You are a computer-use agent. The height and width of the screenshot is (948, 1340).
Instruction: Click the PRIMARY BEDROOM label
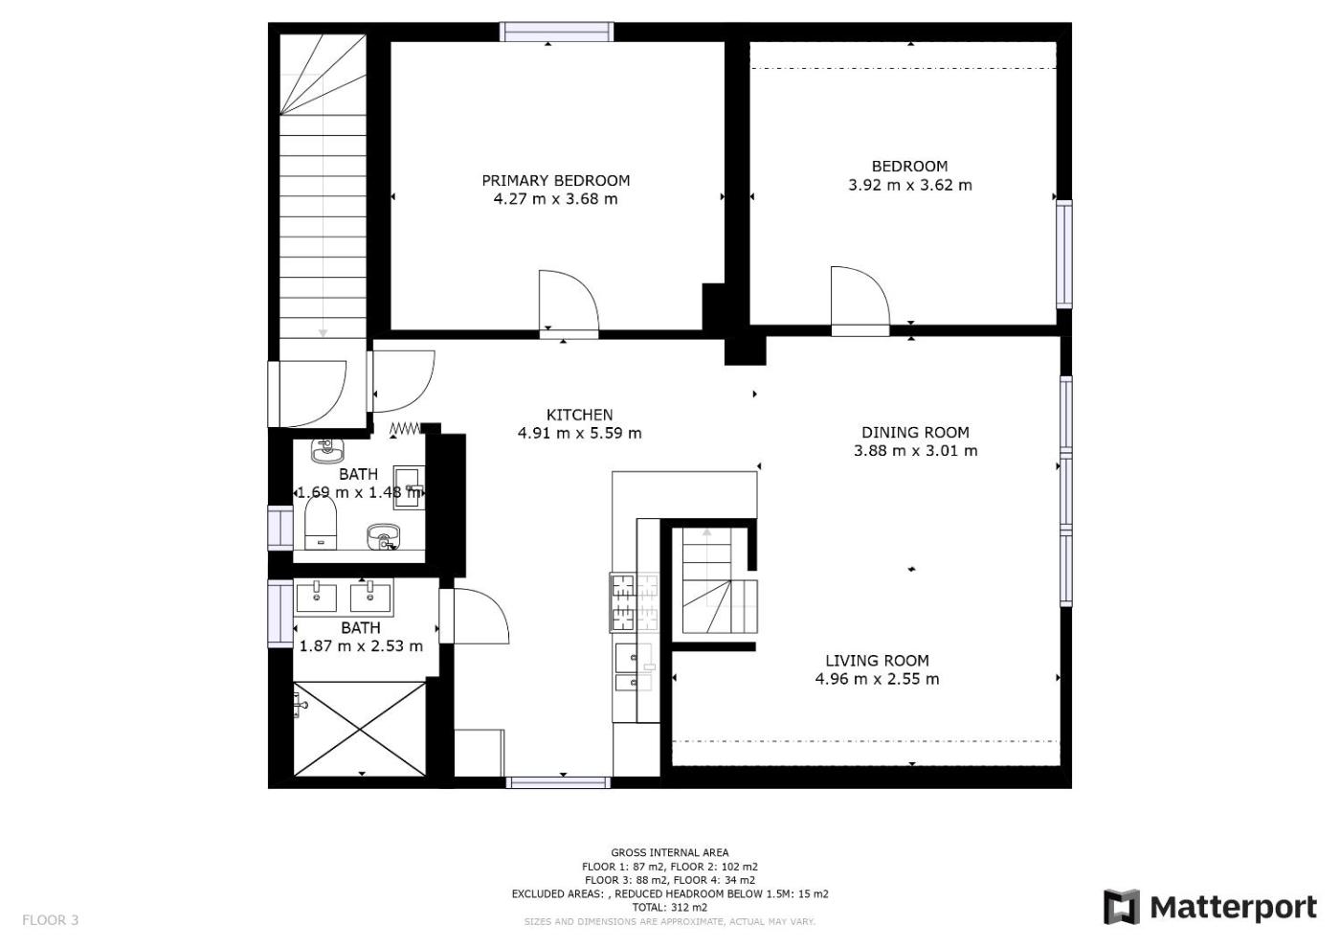click(556, 180)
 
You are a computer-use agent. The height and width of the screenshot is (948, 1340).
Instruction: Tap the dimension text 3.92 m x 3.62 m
click(910, 185)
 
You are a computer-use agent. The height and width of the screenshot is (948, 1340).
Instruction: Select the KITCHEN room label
click(579, 414)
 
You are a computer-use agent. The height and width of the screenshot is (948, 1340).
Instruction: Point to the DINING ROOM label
click(915, 432)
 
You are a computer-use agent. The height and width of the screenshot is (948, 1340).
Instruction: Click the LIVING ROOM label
click(877, 661)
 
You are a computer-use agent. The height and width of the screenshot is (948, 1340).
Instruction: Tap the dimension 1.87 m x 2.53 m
click(361, 646)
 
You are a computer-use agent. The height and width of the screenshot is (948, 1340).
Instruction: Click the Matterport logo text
click(1234, 908)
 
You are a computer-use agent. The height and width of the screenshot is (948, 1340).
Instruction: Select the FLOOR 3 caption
click(50, 920)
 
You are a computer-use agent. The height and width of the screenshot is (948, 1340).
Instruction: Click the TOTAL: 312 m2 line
click(669, 908)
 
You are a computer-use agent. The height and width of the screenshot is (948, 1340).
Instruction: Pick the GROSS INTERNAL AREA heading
click(669, 852)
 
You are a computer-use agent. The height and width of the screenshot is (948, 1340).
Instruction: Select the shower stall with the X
click(360, 729)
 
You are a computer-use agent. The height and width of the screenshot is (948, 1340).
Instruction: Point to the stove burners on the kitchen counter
click(634, 602)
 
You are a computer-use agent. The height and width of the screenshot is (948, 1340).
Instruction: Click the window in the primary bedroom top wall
click(556, 32)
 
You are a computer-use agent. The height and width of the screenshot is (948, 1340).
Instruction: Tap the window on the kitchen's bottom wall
click(558, 782)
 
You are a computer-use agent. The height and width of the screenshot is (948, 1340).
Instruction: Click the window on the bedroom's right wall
click(1064, 254)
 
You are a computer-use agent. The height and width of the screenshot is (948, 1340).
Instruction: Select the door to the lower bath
click(474, 616)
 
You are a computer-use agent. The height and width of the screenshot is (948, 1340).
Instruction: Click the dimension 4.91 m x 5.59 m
click(579, 433)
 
